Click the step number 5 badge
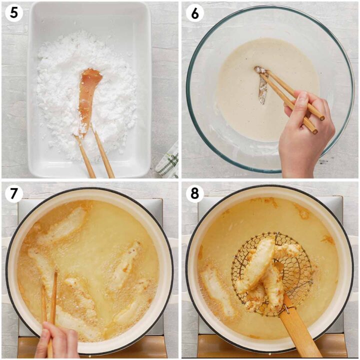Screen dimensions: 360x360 [x=13, y=13]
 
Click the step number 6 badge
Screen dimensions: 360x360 [x=194, y=13]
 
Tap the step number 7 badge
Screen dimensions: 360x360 [x=13, y=194]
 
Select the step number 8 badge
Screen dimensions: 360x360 [x=194, y=194]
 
